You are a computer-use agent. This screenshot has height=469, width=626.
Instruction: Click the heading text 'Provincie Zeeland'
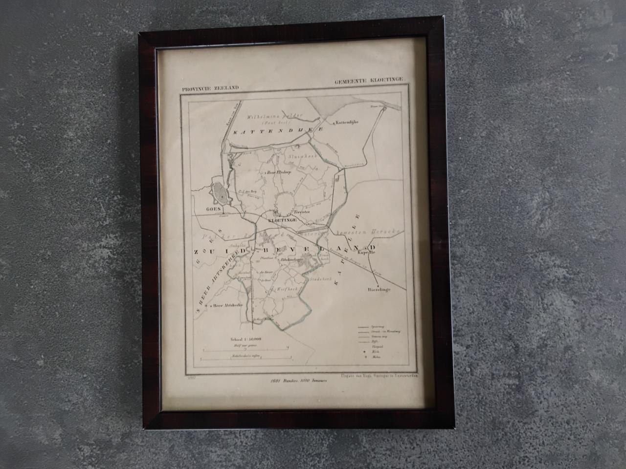(x=211, y=88)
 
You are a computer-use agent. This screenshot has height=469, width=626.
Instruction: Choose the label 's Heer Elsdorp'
(x=280, y=172)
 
